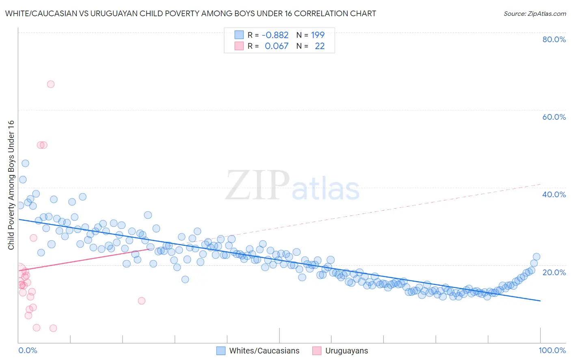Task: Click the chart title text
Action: [190, 13]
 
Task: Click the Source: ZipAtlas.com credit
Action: [534, 13]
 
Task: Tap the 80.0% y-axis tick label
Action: [554, 39]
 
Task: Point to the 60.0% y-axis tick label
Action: [554, 117]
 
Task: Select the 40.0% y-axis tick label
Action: [554, 194]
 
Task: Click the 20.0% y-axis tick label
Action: [554, 272]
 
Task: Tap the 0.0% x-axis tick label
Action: [28, 350]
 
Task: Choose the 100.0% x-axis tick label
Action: [552, 350]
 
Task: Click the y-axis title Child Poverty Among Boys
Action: [11, 185]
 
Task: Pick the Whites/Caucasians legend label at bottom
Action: [264, 351]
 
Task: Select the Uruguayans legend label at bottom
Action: [346, 351]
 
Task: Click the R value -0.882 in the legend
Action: [275, 35]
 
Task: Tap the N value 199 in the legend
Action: [318, 35]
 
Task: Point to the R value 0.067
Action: [277, 46]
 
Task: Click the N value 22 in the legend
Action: [320, 46]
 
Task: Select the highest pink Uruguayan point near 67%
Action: [51, 84]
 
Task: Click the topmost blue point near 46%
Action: [25, 163]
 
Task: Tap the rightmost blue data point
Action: [536, 256]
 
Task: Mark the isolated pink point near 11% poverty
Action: [142, 301]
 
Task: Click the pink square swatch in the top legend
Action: [239, 46]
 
